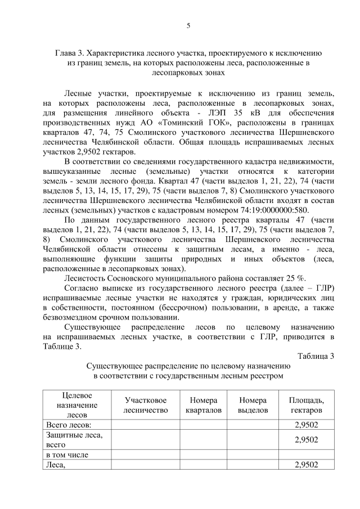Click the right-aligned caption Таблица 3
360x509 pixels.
pyautogui.click(x=315, y=355)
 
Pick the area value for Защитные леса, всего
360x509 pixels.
pyautogui.click(x=306, y=439)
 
